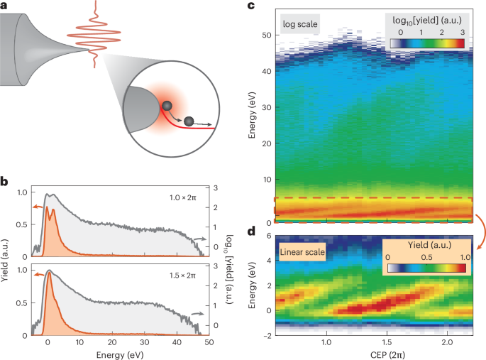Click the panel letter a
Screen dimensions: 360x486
5,7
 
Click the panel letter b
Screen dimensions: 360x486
5,182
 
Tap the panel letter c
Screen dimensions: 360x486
251,7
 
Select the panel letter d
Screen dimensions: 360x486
251,231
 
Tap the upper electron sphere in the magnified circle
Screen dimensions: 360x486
167,106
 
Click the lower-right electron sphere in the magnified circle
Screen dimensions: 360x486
189,122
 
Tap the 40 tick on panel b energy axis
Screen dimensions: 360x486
173,342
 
